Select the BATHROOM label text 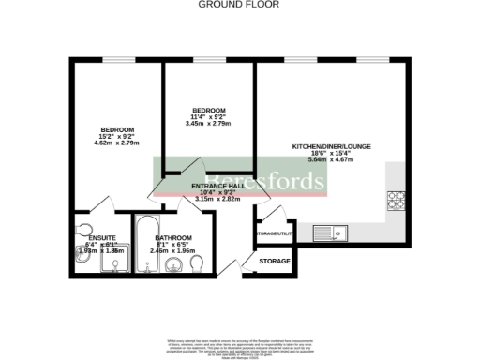(x=173, y=238)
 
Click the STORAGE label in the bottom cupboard (x=274, y=261)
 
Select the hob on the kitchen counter (x=394, y=200)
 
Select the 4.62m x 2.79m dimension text (x=118, y=144)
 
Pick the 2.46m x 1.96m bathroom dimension (x=173, y=252)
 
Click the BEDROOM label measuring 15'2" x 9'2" (x=118, y=129)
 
